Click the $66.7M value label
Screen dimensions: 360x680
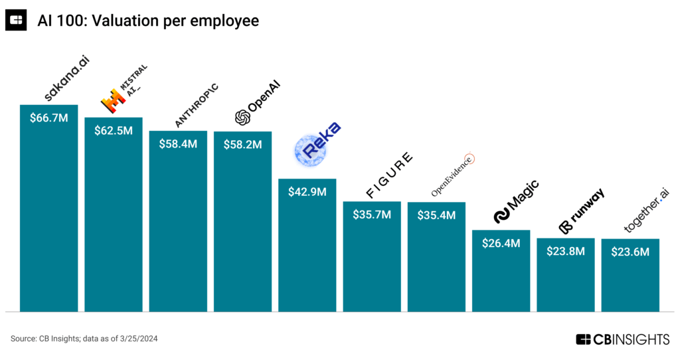pyautogui.click(x=49, y=118)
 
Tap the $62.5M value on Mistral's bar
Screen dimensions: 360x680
pyautogui.click(x=114, y=130)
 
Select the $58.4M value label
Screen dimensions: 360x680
pyautogui.click(x=178, y=143)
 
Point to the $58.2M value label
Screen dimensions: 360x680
pyautogui.click(x=242, y=144)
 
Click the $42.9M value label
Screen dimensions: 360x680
pyautogui.click(x=307, y=192)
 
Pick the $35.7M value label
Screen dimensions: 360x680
pyautogui.click(x=372, y=215)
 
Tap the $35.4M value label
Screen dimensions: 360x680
pyautogui.click(x=436, y=215)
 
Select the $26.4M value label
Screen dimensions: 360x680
pyautogui.click(x=501, y=243)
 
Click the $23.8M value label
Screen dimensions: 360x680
pyautogui.click(x=565, y=251)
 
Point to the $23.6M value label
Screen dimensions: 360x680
pyautogui.click(x=630, y=252)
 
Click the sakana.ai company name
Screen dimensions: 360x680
pyautogui.click(x=66, y=79)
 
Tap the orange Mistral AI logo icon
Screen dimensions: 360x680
pyautogui.click(x=113, y=100)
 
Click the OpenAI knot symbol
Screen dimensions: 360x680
pyautogui.click(x=242, y=118)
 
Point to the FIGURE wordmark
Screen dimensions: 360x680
pyautogui.click(x=390, y=175)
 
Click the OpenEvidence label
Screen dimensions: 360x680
pyautogui.click(x=453, y=174)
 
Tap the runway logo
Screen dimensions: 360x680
pyautogui.click(x=582, y=211)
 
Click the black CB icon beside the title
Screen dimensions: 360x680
pyautogui.click(x=16, y=21)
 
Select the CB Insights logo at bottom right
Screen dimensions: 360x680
pyautogui.click(x=622, y=339)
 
